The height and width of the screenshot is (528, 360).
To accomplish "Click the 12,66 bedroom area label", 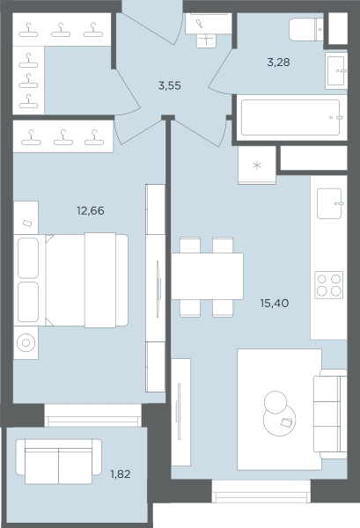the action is click(x=91, y=211).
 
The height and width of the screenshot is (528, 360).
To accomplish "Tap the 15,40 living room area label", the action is click(x=274, y=304).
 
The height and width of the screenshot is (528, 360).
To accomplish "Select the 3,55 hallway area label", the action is click(x=169, y=86).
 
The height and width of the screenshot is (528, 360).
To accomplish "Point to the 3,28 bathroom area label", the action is click(x=278, y=62).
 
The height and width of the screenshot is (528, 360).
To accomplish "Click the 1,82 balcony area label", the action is click(x=121, y=474).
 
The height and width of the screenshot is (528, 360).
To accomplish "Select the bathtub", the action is click(x=291, y=118).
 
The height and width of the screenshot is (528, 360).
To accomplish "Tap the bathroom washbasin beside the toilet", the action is click(x=336, y=70).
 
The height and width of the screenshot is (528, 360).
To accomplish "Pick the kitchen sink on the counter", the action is click(x=330, y=203).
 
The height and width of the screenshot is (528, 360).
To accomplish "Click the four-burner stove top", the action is click(x=328, y=285).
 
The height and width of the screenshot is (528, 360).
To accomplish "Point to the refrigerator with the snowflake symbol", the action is click(x=257, y=165).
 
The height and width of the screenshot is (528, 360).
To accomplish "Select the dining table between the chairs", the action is click(x=207, y=276).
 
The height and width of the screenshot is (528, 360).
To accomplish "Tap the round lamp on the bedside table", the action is click(x=26, y=343).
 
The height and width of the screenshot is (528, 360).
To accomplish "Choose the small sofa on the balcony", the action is click(x=59, y=461).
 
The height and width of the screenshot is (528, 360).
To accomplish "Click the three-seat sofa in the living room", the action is click(x=330, y=414).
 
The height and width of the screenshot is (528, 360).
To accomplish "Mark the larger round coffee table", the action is click(x=280, y=420).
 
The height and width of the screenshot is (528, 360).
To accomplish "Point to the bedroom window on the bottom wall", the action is click(x=93, y=415).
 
